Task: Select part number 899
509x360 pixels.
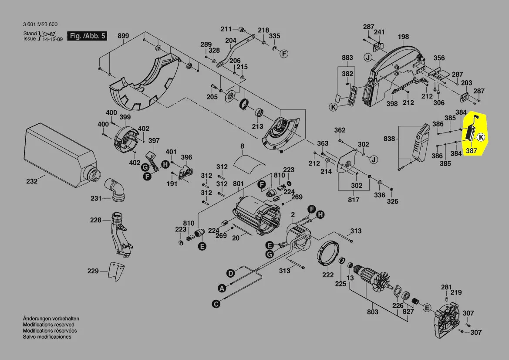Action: point(123,36)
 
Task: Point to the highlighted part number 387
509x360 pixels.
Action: point(472,151)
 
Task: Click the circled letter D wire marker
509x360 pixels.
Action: point(230,273)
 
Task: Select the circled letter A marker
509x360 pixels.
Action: point(222,288)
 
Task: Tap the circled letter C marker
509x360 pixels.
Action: point(215,304)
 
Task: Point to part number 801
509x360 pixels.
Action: point(238,184)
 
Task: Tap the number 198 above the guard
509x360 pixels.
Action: point(403,37)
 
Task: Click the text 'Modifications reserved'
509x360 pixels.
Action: point(48,325)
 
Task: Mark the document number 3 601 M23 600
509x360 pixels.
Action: point(40,24)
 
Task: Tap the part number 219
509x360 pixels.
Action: point(456,292)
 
